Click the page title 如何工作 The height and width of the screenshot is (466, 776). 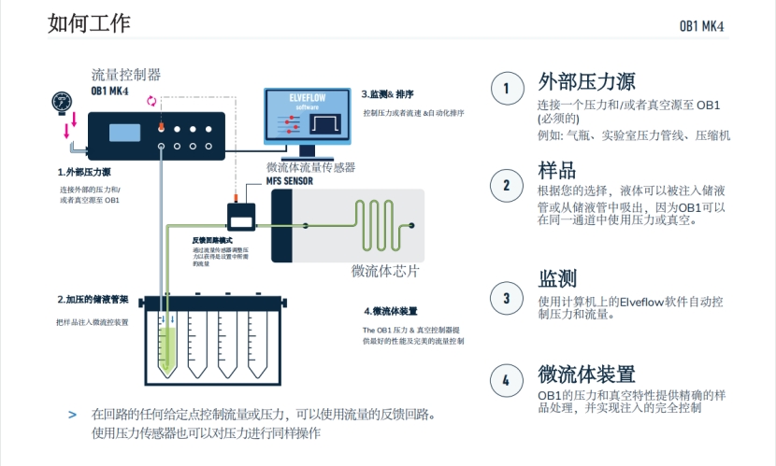[x=90, y=23]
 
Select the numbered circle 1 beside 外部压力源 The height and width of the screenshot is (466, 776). [x=507, y=88]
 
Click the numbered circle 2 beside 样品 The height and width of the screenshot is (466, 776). [x=507, y=184]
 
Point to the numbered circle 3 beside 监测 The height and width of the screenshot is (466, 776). [x=507, y=298]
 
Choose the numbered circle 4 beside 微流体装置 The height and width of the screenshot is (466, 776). [x=507, y=380]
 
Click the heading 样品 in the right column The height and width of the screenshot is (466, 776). [x=556, y=172]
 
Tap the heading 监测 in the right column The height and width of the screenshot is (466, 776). [x=556, y=278]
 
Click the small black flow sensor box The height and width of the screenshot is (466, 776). [x=246, y=217]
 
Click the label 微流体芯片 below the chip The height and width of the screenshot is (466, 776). [x=385, y=272]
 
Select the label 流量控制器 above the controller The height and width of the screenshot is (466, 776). [x=126, y=74]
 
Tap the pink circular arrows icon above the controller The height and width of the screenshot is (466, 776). [x=152, y=101]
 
